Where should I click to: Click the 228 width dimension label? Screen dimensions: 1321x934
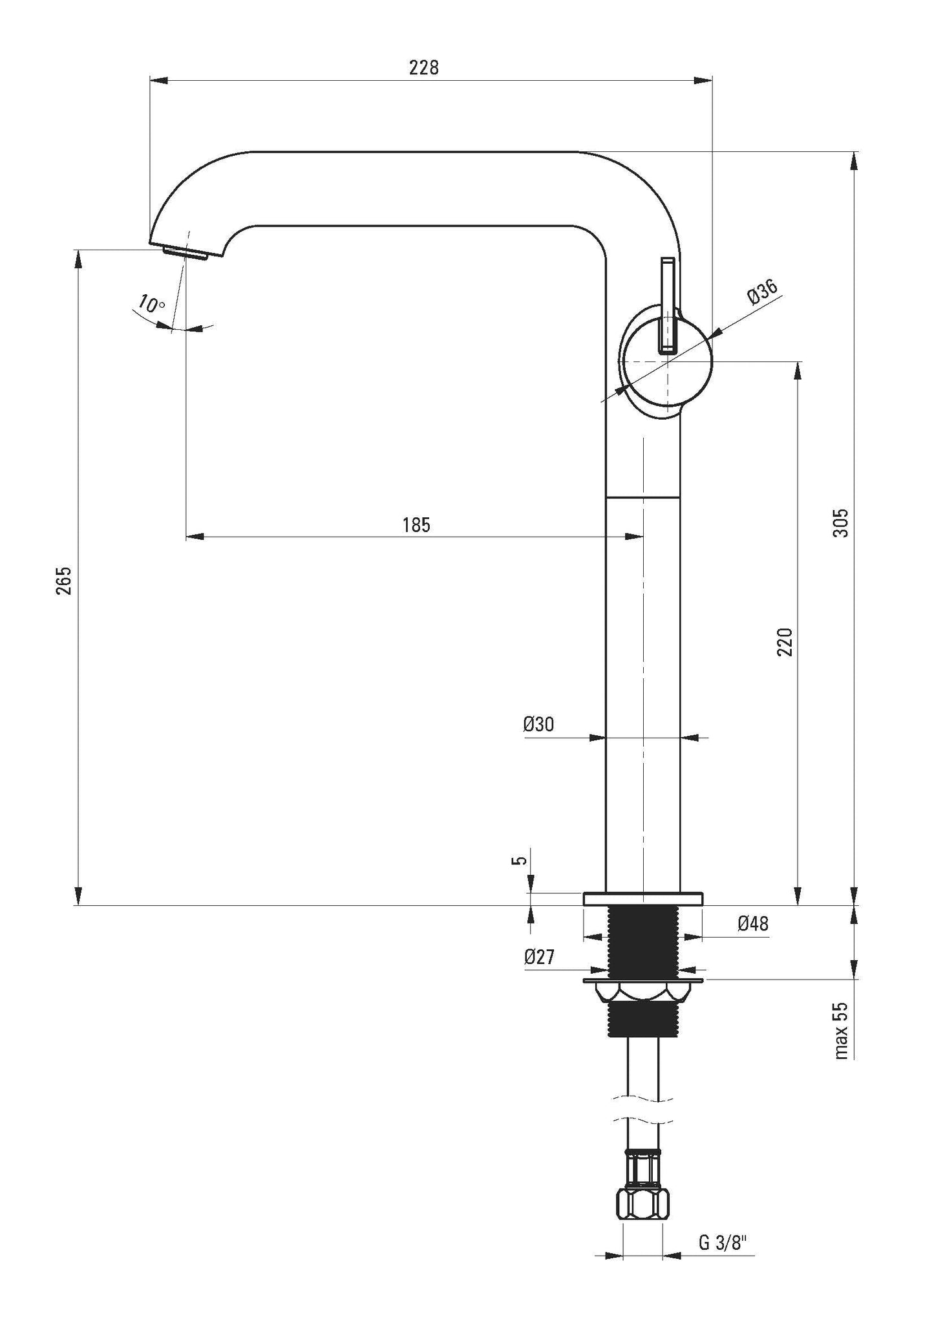click(423, 67)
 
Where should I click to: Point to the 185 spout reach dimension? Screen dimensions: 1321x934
click(416, 524)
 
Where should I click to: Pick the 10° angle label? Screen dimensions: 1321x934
click(151, 303)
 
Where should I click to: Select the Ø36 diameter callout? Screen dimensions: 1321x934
click(762, 292)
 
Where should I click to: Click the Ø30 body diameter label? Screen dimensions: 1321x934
click(538, 724)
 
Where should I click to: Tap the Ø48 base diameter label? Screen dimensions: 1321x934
click(753, 923)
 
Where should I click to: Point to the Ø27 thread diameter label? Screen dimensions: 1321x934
click(539, 956)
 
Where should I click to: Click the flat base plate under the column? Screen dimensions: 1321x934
click(642, 899)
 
